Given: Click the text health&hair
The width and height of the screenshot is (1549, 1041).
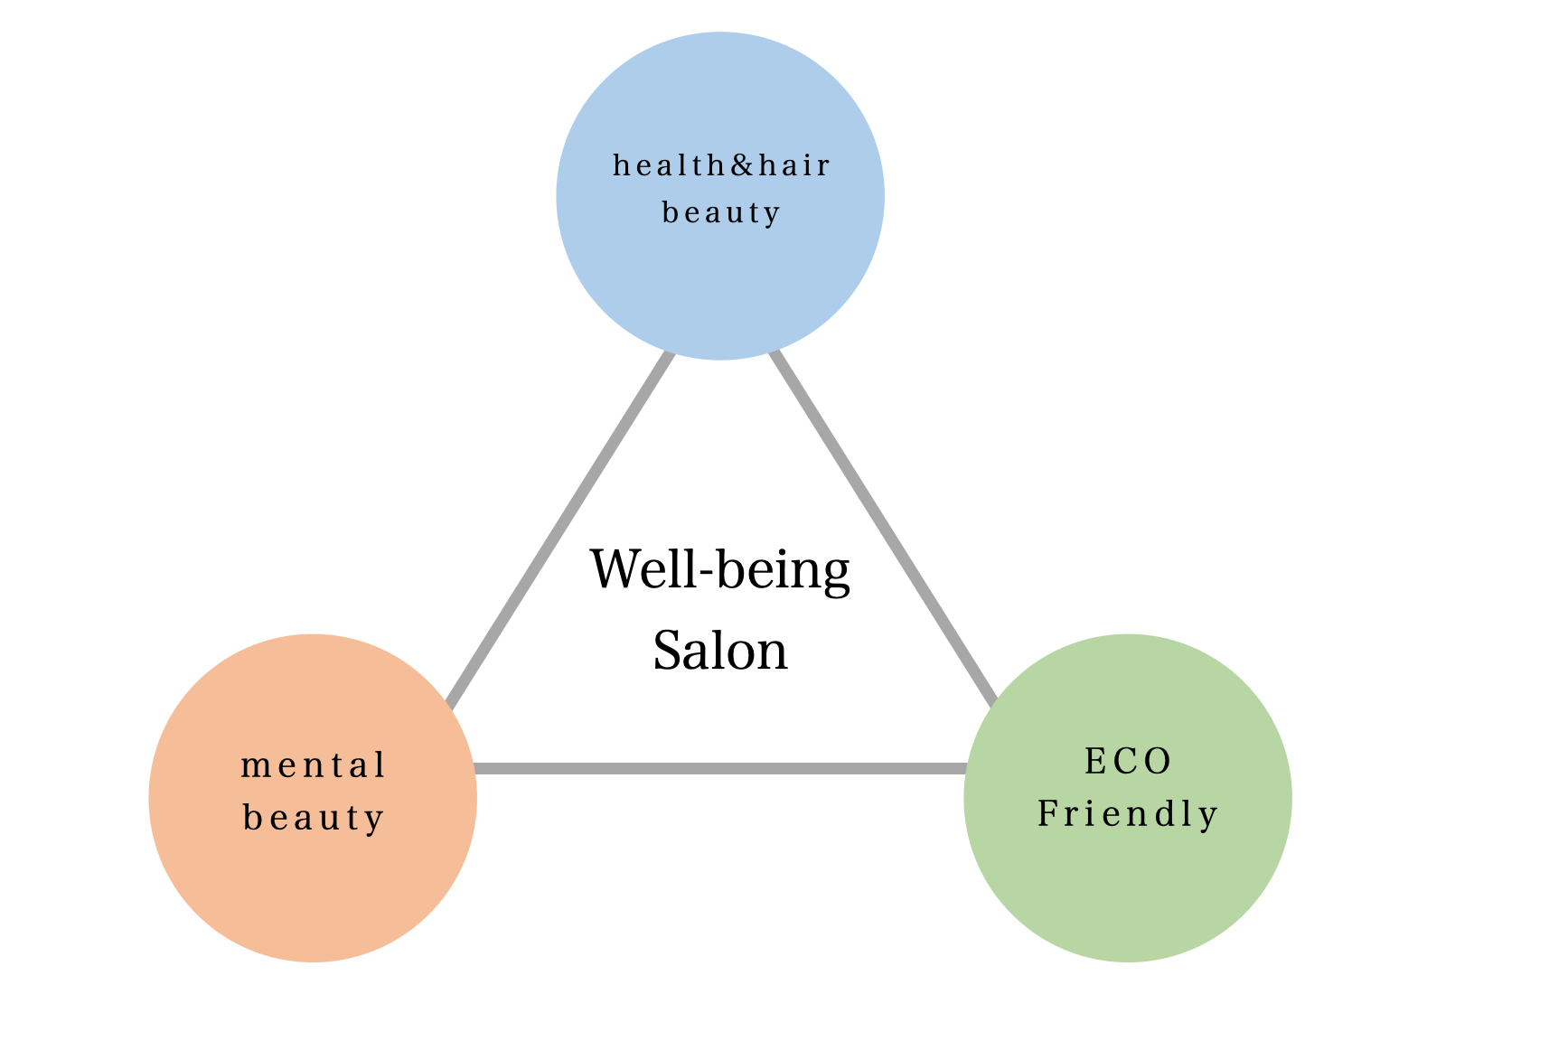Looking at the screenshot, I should [x=720, y=165].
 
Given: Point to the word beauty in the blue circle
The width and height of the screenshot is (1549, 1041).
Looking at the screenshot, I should [x=720, y=213].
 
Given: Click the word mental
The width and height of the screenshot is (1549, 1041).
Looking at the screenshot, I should [x=313, y=765].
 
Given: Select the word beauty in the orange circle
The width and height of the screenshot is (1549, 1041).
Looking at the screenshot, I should [x=313, y=818].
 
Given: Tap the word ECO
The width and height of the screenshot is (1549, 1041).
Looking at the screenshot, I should [x=1127, y=761].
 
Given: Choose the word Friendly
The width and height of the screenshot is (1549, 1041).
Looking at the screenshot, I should [x=1127, y=814].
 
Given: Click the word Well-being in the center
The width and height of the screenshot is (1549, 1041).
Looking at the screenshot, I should [x=720, y=569].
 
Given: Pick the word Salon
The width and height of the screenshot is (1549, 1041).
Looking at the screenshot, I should [x=720, y=651].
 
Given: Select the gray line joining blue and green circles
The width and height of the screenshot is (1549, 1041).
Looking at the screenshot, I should [x=882, y=529].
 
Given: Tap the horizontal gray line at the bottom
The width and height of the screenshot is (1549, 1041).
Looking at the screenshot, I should [x=720, y=768].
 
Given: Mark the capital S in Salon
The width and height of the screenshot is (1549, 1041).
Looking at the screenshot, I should [x=668, y=651].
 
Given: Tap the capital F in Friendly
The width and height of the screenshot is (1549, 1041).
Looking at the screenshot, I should [x=1048, y=814].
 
